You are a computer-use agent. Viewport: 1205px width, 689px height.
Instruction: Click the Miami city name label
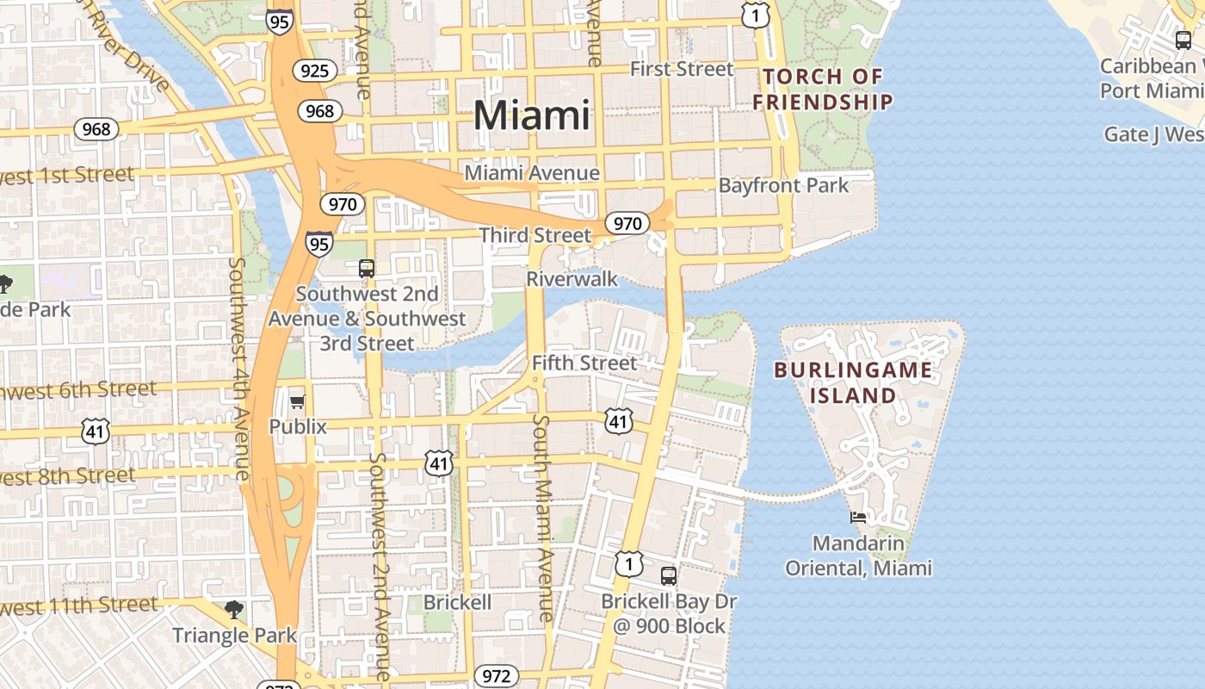pyautogui.click(x=532, y=115)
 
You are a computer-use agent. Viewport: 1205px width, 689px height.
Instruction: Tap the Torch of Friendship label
pyautogui.click(x=822, y=90)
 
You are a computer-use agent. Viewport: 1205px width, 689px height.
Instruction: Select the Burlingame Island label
pyautogui.click(x=852, y=383)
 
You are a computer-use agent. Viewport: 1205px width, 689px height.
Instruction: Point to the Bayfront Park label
pyautogui.click(x=783, y=185)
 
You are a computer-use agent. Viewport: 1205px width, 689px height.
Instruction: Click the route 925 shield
pyautogui.click(x=314, y=71)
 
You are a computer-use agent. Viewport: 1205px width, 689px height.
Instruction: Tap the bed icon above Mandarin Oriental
pyautogui.click(x=858, y=518)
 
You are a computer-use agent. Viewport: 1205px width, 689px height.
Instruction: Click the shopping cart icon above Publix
pyautogui.click(x=298, y=401)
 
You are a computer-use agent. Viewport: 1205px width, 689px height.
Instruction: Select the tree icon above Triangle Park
pyautogui.click(x=233, y=611)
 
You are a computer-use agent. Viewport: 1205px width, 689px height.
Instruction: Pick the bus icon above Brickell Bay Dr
pyautogui.click(x=669, y=576)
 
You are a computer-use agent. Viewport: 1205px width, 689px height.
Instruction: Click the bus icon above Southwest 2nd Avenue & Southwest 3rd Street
pyautogui.click(x=367, y=268)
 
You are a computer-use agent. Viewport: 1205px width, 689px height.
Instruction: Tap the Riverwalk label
pyautogui.click(x=572, y=279)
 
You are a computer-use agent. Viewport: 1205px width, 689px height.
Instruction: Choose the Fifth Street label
pyautogui.click(x=584, y=363)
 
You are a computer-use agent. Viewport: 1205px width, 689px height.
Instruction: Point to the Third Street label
pyautogui.click(x=535, y=235)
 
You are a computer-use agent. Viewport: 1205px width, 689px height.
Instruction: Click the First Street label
pyautogui.click(x=682, y=69)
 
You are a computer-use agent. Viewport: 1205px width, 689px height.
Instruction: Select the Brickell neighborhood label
pyautogui.click(x=458, y=602)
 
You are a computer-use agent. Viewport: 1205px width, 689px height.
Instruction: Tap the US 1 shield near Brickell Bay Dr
pyautogui.click(x=629, y=564)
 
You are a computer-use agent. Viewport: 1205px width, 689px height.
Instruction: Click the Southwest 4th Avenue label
pyautogui.click(x=240, y=369)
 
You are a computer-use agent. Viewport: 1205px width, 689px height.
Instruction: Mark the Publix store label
pyautogui.click(x=298, y=426)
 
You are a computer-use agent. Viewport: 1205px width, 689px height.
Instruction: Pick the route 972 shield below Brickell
pyautogui.click(x=497, y=676)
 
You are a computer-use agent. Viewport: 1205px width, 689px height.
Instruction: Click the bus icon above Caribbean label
pyautogui.click(x=1183, y=40)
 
